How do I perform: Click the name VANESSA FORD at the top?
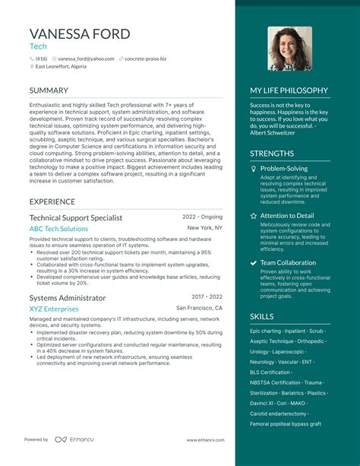click(x=80, y=33)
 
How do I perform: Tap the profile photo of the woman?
click(x=289, y=49)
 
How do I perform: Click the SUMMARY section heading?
click(x=49, y=90)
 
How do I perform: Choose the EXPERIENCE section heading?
click(x=52, y=201)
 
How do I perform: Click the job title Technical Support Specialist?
click(x=76, y=217)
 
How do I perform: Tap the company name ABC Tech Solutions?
click(x=58, y=229)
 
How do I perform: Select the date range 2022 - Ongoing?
click(x=203, y=217)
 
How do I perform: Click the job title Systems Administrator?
click(x=68, y=298)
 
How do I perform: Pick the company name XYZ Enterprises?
click(x=54, y=309)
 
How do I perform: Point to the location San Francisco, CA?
click(x=200, y=308)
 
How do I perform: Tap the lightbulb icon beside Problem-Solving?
click(x=253, y=169)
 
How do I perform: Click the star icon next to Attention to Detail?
click(x=253, y=216)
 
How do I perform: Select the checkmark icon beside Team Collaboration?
click(x=253, y=263)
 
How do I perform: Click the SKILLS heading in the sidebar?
click(x=262, y=316)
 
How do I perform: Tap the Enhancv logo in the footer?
click(x=72, y=439)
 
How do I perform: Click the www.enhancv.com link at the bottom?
click(x=204, y=439)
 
